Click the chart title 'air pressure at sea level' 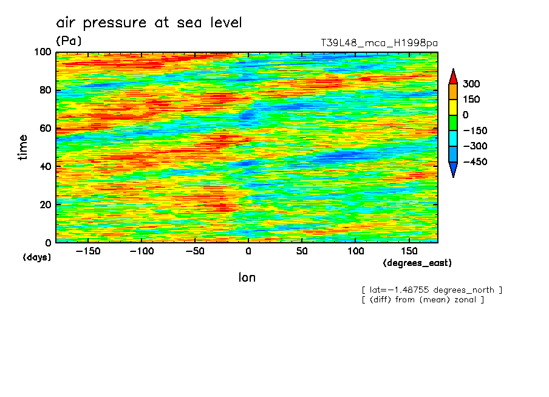149,23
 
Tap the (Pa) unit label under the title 69,41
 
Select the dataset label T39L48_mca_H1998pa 379,43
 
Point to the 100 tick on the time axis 41,52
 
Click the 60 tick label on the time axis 44,129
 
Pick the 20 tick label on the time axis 44,205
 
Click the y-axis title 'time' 23,148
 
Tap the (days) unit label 37,257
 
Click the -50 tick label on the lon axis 194,251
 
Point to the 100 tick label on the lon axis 355,251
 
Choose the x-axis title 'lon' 247,278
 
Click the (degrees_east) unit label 417,263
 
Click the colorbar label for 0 465,115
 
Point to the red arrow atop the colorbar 453,76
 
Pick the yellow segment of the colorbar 453,107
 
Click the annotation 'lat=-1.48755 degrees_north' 432,290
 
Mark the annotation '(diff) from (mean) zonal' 423,299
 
